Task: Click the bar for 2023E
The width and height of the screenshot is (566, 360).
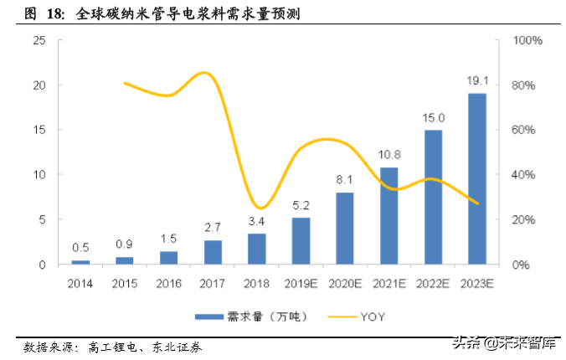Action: point(476,178)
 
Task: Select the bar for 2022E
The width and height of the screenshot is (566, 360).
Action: point(432,197)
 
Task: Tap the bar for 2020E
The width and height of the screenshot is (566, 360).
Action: point(344,228)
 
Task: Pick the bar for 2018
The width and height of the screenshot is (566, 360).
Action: point(256,249)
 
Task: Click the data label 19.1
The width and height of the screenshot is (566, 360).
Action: point(476,82)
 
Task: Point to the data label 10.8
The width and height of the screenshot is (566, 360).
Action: point(388,156)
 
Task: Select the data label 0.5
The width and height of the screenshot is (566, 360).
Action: point(81,247)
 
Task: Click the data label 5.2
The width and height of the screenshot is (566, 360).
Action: point(301,206)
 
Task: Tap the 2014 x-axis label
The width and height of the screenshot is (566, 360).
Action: point(81,285)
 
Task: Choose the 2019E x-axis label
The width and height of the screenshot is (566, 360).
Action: point(301,285)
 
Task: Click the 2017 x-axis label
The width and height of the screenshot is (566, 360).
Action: point(213,285)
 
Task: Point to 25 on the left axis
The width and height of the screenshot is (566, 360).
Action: point(39,40)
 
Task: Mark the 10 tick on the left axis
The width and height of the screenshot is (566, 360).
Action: point(39,175)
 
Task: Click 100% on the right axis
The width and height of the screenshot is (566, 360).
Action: point(528,40)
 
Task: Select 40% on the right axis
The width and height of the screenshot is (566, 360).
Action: point(526,175)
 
